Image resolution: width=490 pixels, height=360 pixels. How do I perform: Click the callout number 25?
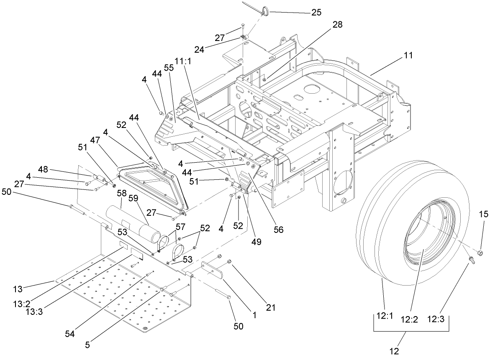pos(316,12)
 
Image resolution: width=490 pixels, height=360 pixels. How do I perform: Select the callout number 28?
pos(337,25)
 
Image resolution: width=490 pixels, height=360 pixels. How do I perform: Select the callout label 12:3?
pos(437,319)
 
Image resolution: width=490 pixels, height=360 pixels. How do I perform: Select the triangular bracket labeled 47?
pos(151,184)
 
